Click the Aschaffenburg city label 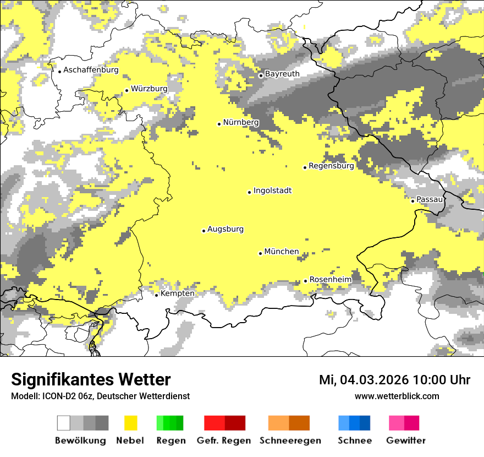click(x=91, y=70)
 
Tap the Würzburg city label click(x=149, y=89)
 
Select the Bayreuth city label click(x=282, y=74)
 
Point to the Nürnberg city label click(x=241, y=122)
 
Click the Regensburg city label click(x=331, y=166)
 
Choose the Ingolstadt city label click(x=272, y=191)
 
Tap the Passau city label click(x=430, y=199)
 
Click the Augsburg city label click(x=226, y=229)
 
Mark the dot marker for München click(x=261, y=253)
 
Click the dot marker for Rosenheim click(x=306, y=281)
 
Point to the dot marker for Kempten click(x=157, y=295)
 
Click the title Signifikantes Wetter click(x=91, y=380)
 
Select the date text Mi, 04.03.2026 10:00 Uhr click(x=394, y=380)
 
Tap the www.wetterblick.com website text click(x=397, y=396)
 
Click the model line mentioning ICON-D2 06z click(x=100, y=396)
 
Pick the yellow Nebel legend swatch click(x=130, y=423)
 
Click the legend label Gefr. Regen click(x=224, y=440)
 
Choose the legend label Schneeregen click(x=290, y=440)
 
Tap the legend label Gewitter click(x=405, y=440)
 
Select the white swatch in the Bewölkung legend click(x=64, y=423)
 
